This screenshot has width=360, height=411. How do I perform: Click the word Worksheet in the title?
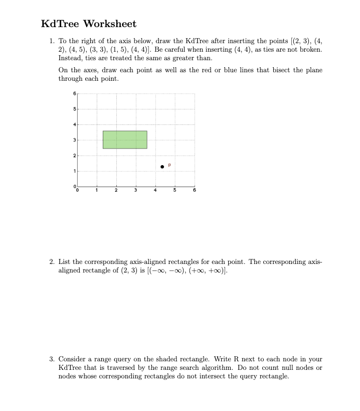[109, 24]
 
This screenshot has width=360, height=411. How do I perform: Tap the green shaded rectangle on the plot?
[125, 140]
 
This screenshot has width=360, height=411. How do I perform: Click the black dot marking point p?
[162, 167]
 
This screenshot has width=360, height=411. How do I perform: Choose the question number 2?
[51, 262]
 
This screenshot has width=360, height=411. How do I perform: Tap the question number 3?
[51, 359]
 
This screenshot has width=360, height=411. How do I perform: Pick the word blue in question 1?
[227, 71]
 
